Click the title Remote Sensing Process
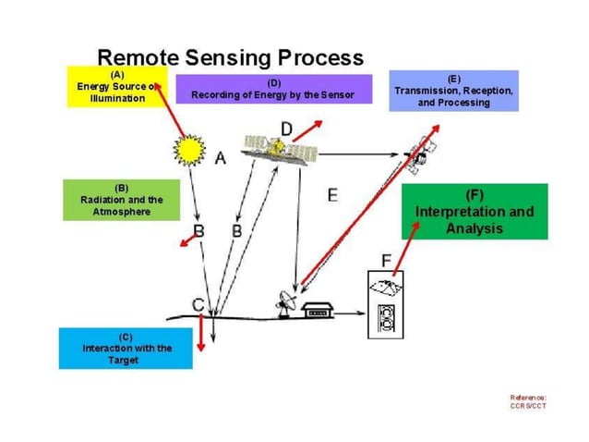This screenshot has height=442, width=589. tap(230, 57)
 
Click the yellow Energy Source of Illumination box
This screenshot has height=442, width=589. tap(116, 86)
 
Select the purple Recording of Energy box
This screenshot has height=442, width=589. tap(271, 89)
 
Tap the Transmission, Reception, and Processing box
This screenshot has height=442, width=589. tap(453, 91)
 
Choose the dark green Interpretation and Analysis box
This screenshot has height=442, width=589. tap(475, 212)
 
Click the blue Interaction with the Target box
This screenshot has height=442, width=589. tap(126, 348)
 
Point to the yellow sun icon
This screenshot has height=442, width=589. tap(190, 148)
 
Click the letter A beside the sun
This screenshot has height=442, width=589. tap(220, 158)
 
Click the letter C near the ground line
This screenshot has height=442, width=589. tap(198, 303)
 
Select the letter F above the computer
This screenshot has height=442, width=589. tap(387, 259)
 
